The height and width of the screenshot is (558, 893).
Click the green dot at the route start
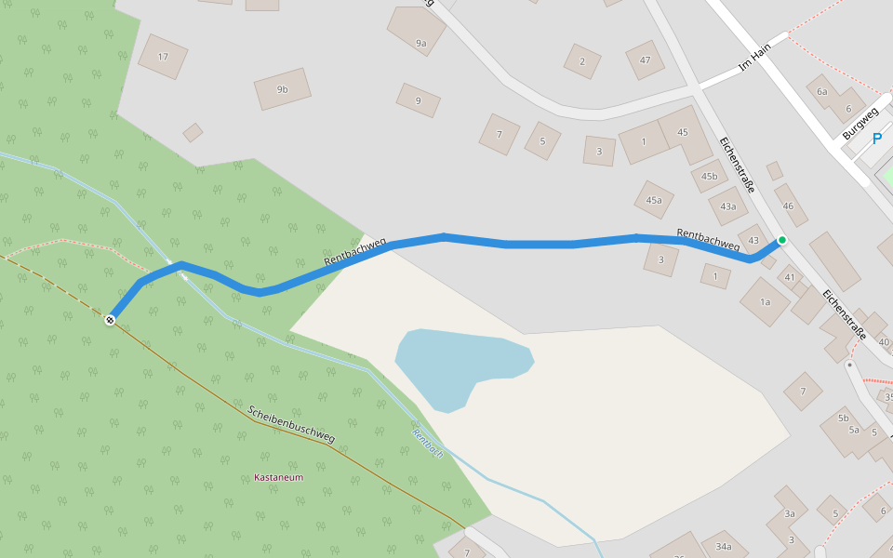(782, 240)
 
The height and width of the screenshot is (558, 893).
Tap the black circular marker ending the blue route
(110, 320)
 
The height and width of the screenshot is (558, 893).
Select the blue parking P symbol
(876, 139)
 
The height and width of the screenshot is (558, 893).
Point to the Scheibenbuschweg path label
(291, 424)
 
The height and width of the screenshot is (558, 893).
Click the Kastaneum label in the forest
(279, 478)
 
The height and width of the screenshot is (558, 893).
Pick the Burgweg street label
(860, 125)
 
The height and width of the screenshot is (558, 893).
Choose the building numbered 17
(163, 57)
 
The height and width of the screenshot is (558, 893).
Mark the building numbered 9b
(282, 89)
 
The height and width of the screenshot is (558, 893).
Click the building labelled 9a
(420, 43)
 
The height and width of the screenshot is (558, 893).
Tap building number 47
(645, 60)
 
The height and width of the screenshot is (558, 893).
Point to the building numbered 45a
(654, 200)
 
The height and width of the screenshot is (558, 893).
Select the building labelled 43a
(727, 206)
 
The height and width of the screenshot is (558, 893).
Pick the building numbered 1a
(765, 302)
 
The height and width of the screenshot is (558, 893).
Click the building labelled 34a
(724, 547)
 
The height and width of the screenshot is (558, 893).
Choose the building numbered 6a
(821, 91)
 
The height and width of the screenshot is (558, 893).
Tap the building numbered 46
(789, 206)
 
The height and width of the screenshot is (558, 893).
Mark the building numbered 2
(582, 61)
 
